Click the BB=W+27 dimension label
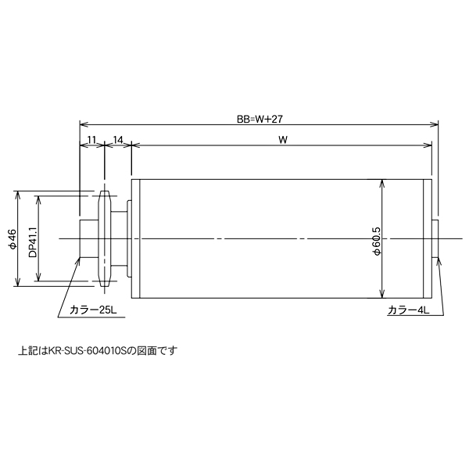click(259, 120)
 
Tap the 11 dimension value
click(91, 140)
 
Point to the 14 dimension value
click(119, 140)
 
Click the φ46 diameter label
click(12, 238)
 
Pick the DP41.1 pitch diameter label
click(32, 238)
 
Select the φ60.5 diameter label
click(376, 238)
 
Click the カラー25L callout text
click(92, 310)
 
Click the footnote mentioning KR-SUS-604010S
click(98, 351)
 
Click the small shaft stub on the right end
click(437, 238)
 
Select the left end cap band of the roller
click(135, 238)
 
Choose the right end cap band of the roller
click(427, 238)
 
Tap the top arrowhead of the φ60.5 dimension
click(381, 184)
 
